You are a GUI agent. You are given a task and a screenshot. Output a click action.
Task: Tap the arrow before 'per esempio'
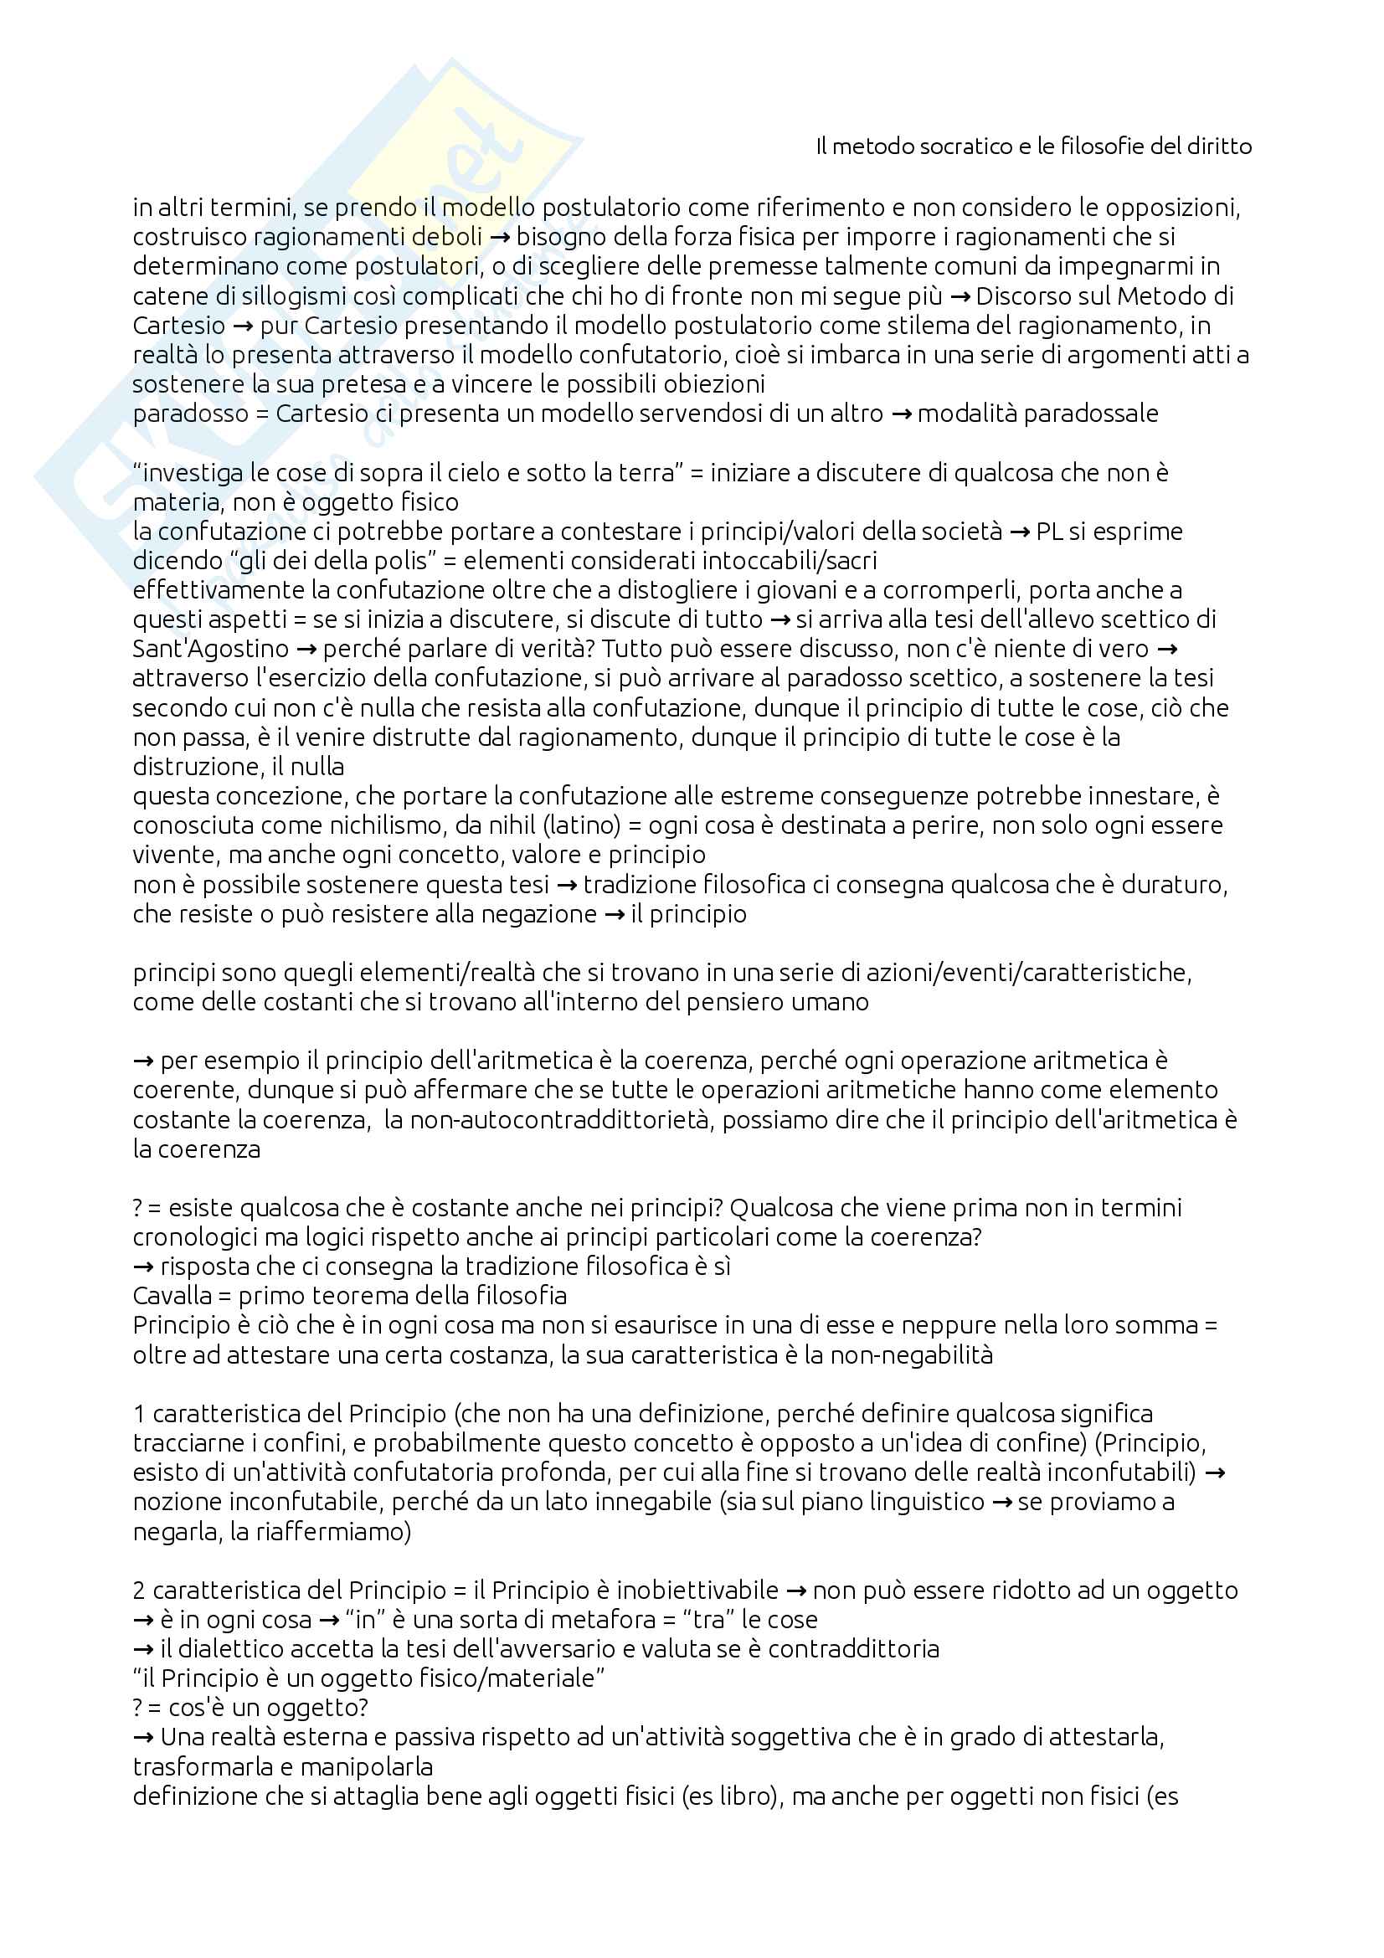point(143,1061)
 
